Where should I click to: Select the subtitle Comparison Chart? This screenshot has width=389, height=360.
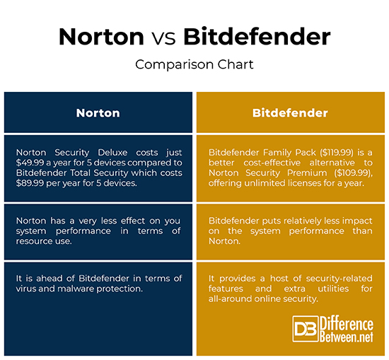(194, 64)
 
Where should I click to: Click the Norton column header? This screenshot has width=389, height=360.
(98, 113)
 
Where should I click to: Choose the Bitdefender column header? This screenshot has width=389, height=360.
(291, 113)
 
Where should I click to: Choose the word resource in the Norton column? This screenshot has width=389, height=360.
(37, 241)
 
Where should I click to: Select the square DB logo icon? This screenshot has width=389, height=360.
(305, 330)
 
